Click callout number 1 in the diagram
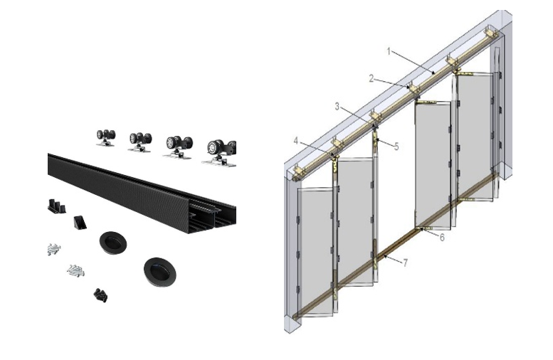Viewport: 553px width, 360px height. (x=389, y=51)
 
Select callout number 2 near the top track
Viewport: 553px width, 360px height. (x=371, y=78)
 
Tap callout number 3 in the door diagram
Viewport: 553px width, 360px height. (x=337, y=106)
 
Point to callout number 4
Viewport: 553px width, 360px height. (x=295, y=140)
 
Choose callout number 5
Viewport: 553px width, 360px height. (x=396, y=147)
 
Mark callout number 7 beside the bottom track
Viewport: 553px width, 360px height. (x=405, y=263)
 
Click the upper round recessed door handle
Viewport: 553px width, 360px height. (x=112, y=242)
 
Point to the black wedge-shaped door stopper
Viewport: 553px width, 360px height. (x=80, y=221)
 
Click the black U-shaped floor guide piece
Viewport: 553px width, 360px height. (x=56, y=206)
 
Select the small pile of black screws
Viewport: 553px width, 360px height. (x=100, y=294)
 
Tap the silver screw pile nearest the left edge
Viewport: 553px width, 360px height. (x=53, y=249)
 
